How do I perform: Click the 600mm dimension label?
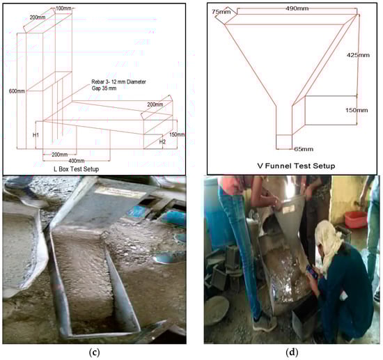click(17, 91)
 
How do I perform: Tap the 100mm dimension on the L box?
click(63, 8)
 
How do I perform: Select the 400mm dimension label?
click(77, 160)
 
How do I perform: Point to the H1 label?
click(36, 135)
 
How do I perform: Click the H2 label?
click(162, 141)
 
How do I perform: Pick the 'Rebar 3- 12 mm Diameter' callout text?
click(118, 82)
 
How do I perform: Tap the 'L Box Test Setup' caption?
click(77, 169)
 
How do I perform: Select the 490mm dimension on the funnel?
click(297, 8)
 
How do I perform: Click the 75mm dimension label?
click(221, 12)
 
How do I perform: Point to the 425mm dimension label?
click(358, 55)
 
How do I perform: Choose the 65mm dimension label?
click(304, 149)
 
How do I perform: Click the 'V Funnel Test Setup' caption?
click(296, 166)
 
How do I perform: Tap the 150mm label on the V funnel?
click(357, 110)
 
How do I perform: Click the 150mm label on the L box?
click(177, 134)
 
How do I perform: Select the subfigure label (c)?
click(95, 352)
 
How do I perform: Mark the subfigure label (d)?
click(292, 352)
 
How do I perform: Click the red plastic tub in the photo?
click(356, 219)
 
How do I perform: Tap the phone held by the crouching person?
click(312, 272)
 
